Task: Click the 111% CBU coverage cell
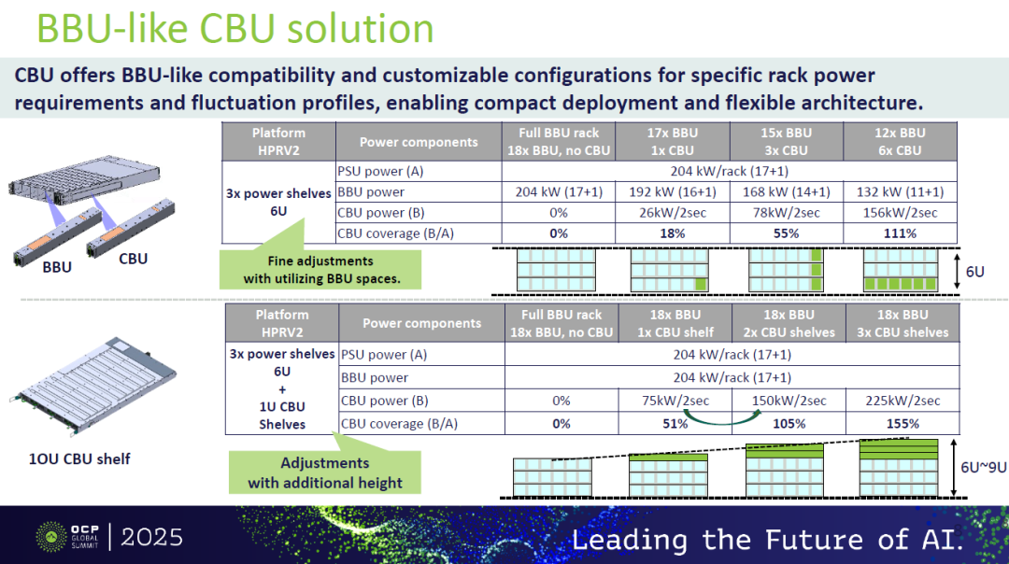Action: pos(900,233)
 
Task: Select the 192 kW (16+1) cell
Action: pos(673,191)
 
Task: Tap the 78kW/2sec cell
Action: pos(787,213)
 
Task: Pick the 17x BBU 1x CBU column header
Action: pos(673,142)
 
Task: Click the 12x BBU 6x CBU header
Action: pos(900,142)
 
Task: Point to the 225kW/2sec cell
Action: pos(902,401)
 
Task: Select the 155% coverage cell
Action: pos(902,424)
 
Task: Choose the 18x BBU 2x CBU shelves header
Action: pos(789,323)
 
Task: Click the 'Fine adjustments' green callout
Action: pos(320,270)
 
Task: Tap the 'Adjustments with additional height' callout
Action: pos(325,472)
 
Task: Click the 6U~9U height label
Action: pos(983,468)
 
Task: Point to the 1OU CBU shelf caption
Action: pos(79,459)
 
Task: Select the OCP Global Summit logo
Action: pos(67,537)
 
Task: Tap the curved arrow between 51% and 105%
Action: pos(716,420)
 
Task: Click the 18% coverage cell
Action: pos(673,233)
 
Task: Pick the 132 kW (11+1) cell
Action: pos(900,191)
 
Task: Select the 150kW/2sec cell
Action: pos(789,401)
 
